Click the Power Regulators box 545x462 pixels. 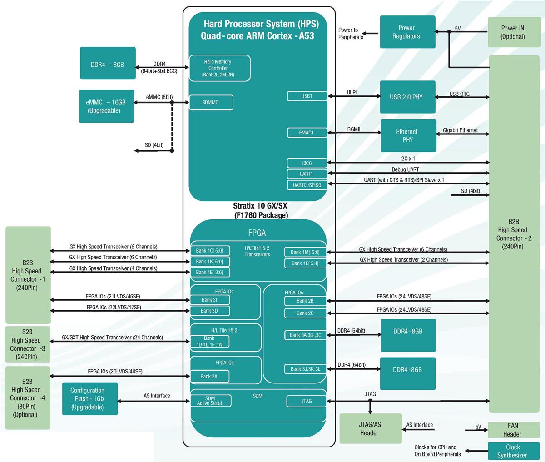[x=407, y=32]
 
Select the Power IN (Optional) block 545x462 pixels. [x=513, y=32]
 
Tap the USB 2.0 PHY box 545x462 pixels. [x=407, y=97]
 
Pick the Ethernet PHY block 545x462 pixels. [x=408, y=135]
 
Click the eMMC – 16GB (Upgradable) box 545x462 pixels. [x=106, y=106]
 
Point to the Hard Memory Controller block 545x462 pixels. [x=219, y=68]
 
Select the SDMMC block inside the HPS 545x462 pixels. [x=211, y=103]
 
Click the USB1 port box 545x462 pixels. [x=307, y=96]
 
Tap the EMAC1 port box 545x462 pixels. [x=307, y=133]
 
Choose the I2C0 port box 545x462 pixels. [x=307, y=163]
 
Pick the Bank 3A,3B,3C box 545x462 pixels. [x=305, y=335]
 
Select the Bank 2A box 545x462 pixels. [x=209, y=376]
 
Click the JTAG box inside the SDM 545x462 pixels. [x=307, y=401]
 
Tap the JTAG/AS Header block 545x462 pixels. [x=370, y=428]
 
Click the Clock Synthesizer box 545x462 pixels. [x=512, y=451]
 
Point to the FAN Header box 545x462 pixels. [x=512, y=430]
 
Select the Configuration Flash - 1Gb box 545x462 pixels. [x=90, y=399]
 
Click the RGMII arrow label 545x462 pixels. [x=354, y=129]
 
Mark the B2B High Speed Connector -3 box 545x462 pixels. [x=28, y=344]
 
